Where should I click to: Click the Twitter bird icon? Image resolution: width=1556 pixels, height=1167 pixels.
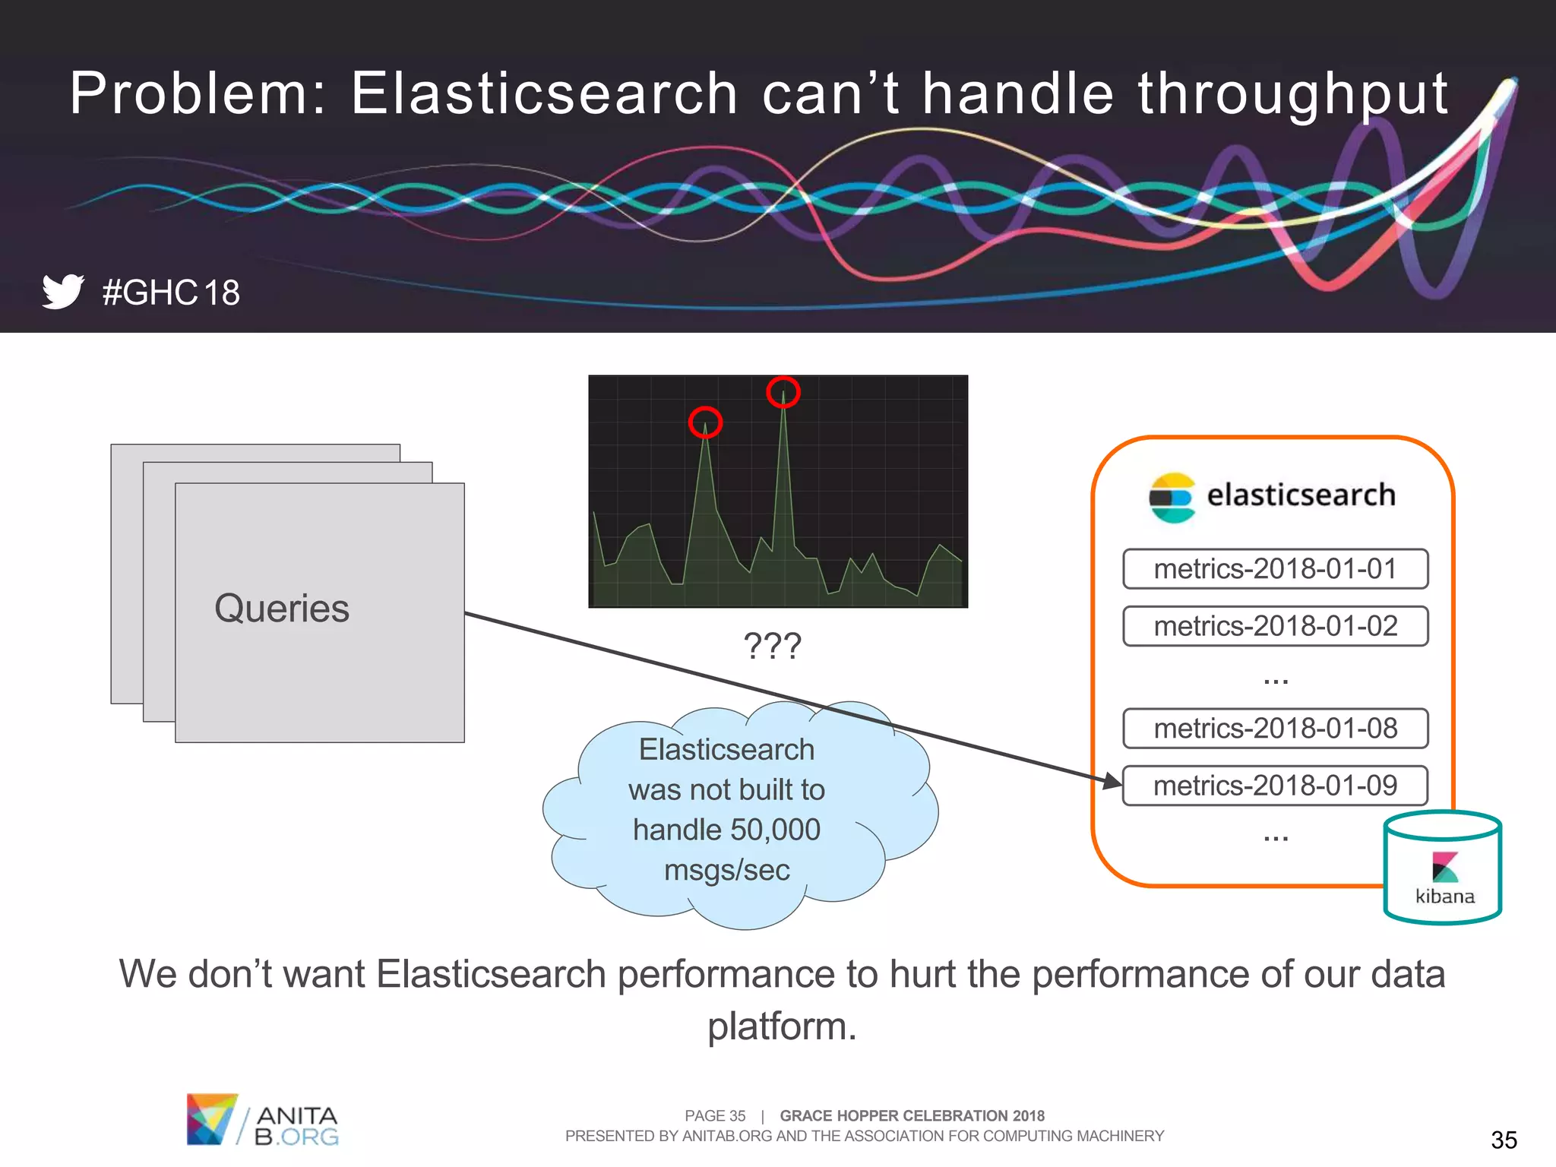pyautogui.click(x=62, y=291)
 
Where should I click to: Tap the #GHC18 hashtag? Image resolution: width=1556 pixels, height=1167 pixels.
pyautogui.click(x=171, y=293)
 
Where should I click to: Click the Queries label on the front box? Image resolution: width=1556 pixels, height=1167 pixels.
pyautogui.click(x=282, y=609)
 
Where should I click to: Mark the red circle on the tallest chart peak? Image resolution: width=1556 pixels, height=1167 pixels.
pyautogui.click(x=783, y=392)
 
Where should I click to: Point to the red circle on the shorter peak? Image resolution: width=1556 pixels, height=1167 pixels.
pyautogui.click(x=705, y=422)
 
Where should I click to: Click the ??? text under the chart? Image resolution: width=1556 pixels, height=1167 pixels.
pyautogui.click(x=772, y=647)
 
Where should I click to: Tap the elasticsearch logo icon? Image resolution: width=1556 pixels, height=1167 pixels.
pyautogui.click(x=1172, y=497)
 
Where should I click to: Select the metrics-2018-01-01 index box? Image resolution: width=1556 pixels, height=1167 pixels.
pyautogui.click(x=1275, y=569)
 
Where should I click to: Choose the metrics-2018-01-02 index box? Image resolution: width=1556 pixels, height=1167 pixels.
pyautogui.click(x=1275, y=626)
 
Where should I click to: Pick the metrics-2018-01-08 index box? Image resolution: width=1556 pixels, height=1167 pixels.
pyautogui.click(x=1275, y=729)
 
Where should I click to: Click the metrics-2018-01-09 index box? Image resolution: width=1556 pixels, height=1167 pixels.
pyautogui.click(x=1275, y=786)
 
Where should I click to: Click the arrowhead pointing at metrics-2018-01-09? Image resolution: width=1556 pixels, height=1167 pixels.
pyautogui.click(x=1112, y=780)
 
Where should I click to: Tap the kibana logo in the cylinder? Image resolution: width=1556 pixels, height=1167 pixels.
pyautogui.click(x=1444, y=868)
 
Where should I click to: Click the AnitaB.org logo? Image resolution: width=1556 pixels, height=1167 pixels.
pyautogui.click(x=262, y=1119)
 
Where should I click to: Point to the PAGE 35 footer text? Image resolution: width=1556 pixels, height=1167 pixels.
pyautogui.click(x=714, y=1115)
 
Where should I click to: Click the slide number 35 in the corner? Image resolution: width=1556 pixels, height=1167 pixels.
pyautogui.click(x=1504, y=1140)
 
